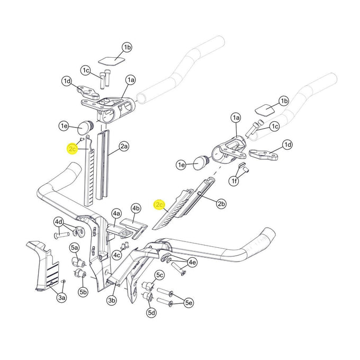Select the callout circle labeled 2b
221,203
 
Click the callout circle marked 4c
117,255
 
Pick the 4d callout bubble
59,221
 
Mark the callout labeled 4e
192,262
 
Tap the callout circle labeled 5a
75,247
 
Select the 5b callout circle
83,292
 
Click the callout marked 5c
159,275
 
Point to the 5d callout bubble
151,313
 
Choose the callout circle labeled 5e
189,302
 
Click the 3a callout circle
62,299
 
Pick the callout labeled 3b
111,301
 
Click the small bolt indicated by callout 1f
244,170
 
